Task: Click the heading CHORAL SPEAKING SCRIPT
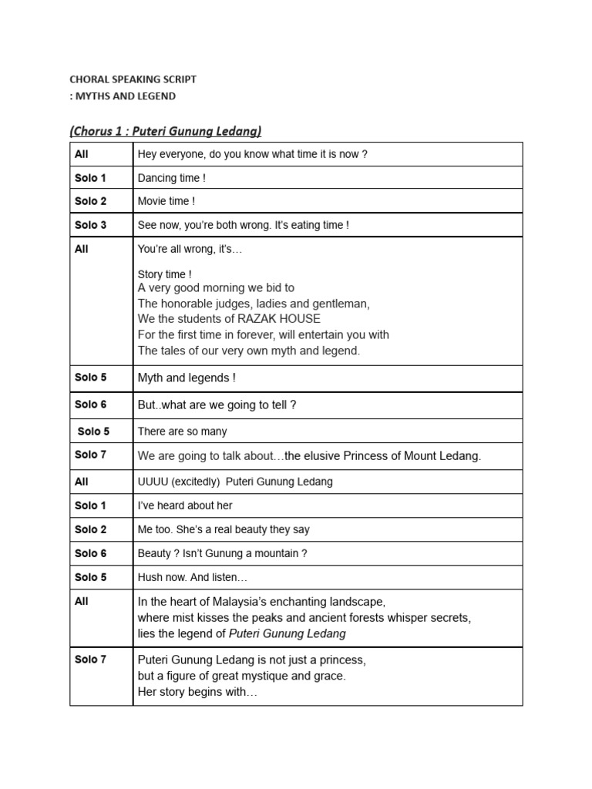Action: coord(133,79)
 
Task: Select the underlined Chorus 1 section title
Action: coord(165,131)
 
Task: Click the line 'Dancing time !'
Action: coord(171,178)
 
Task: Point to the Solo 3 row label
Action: coord(90,225)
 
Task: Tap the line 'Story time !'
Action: coord(164,274)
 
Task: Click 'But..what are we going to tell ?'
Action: coord(217,405)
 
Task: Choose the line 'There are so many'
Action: coord(182,431)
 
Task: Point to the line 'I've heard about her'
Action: coord(185,505)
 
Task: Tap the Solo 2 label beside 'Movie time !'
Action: coord(90,201)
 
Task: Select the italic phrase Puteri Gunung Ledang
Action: coord(288,634)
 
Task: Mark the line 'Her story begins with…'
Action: coord(197,692)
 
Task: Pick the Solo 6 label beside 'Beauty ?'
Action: coord(90,553)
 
